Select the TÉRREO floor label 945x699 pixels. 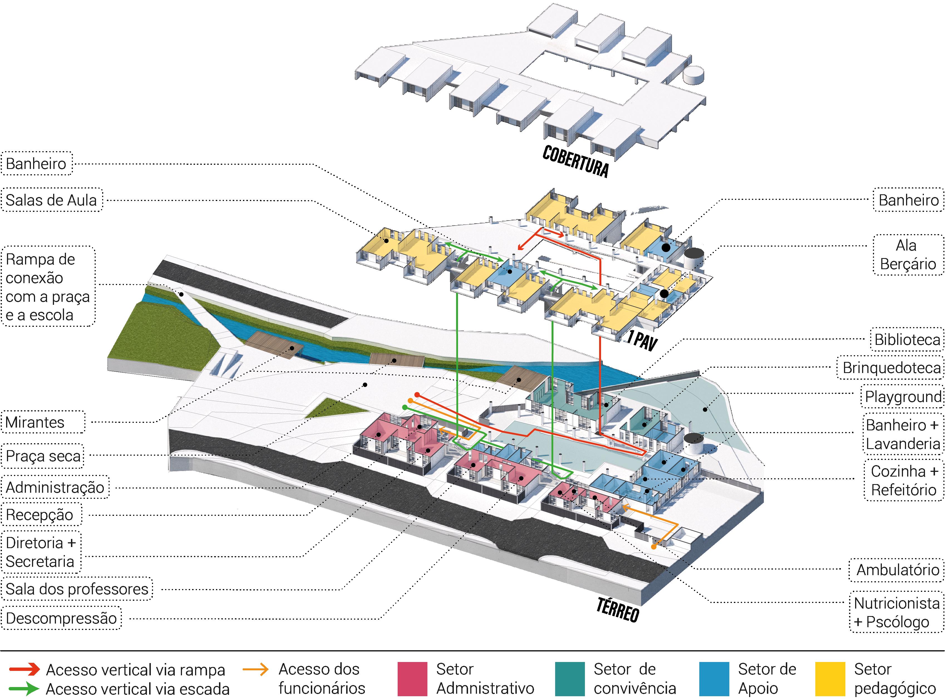coord(617,609)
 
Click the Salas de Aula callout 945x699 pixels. coord(51,200)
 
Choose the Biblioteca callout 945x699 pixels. coord(907,339)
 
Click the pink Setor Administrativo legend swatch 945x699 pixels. coord(412,679)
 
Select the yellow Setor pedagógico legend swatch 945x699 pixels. coord(830,679)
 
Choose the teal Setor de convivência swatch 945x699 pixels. coord(570,679)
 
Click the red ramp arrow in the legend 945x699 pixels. coord(24,669)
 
